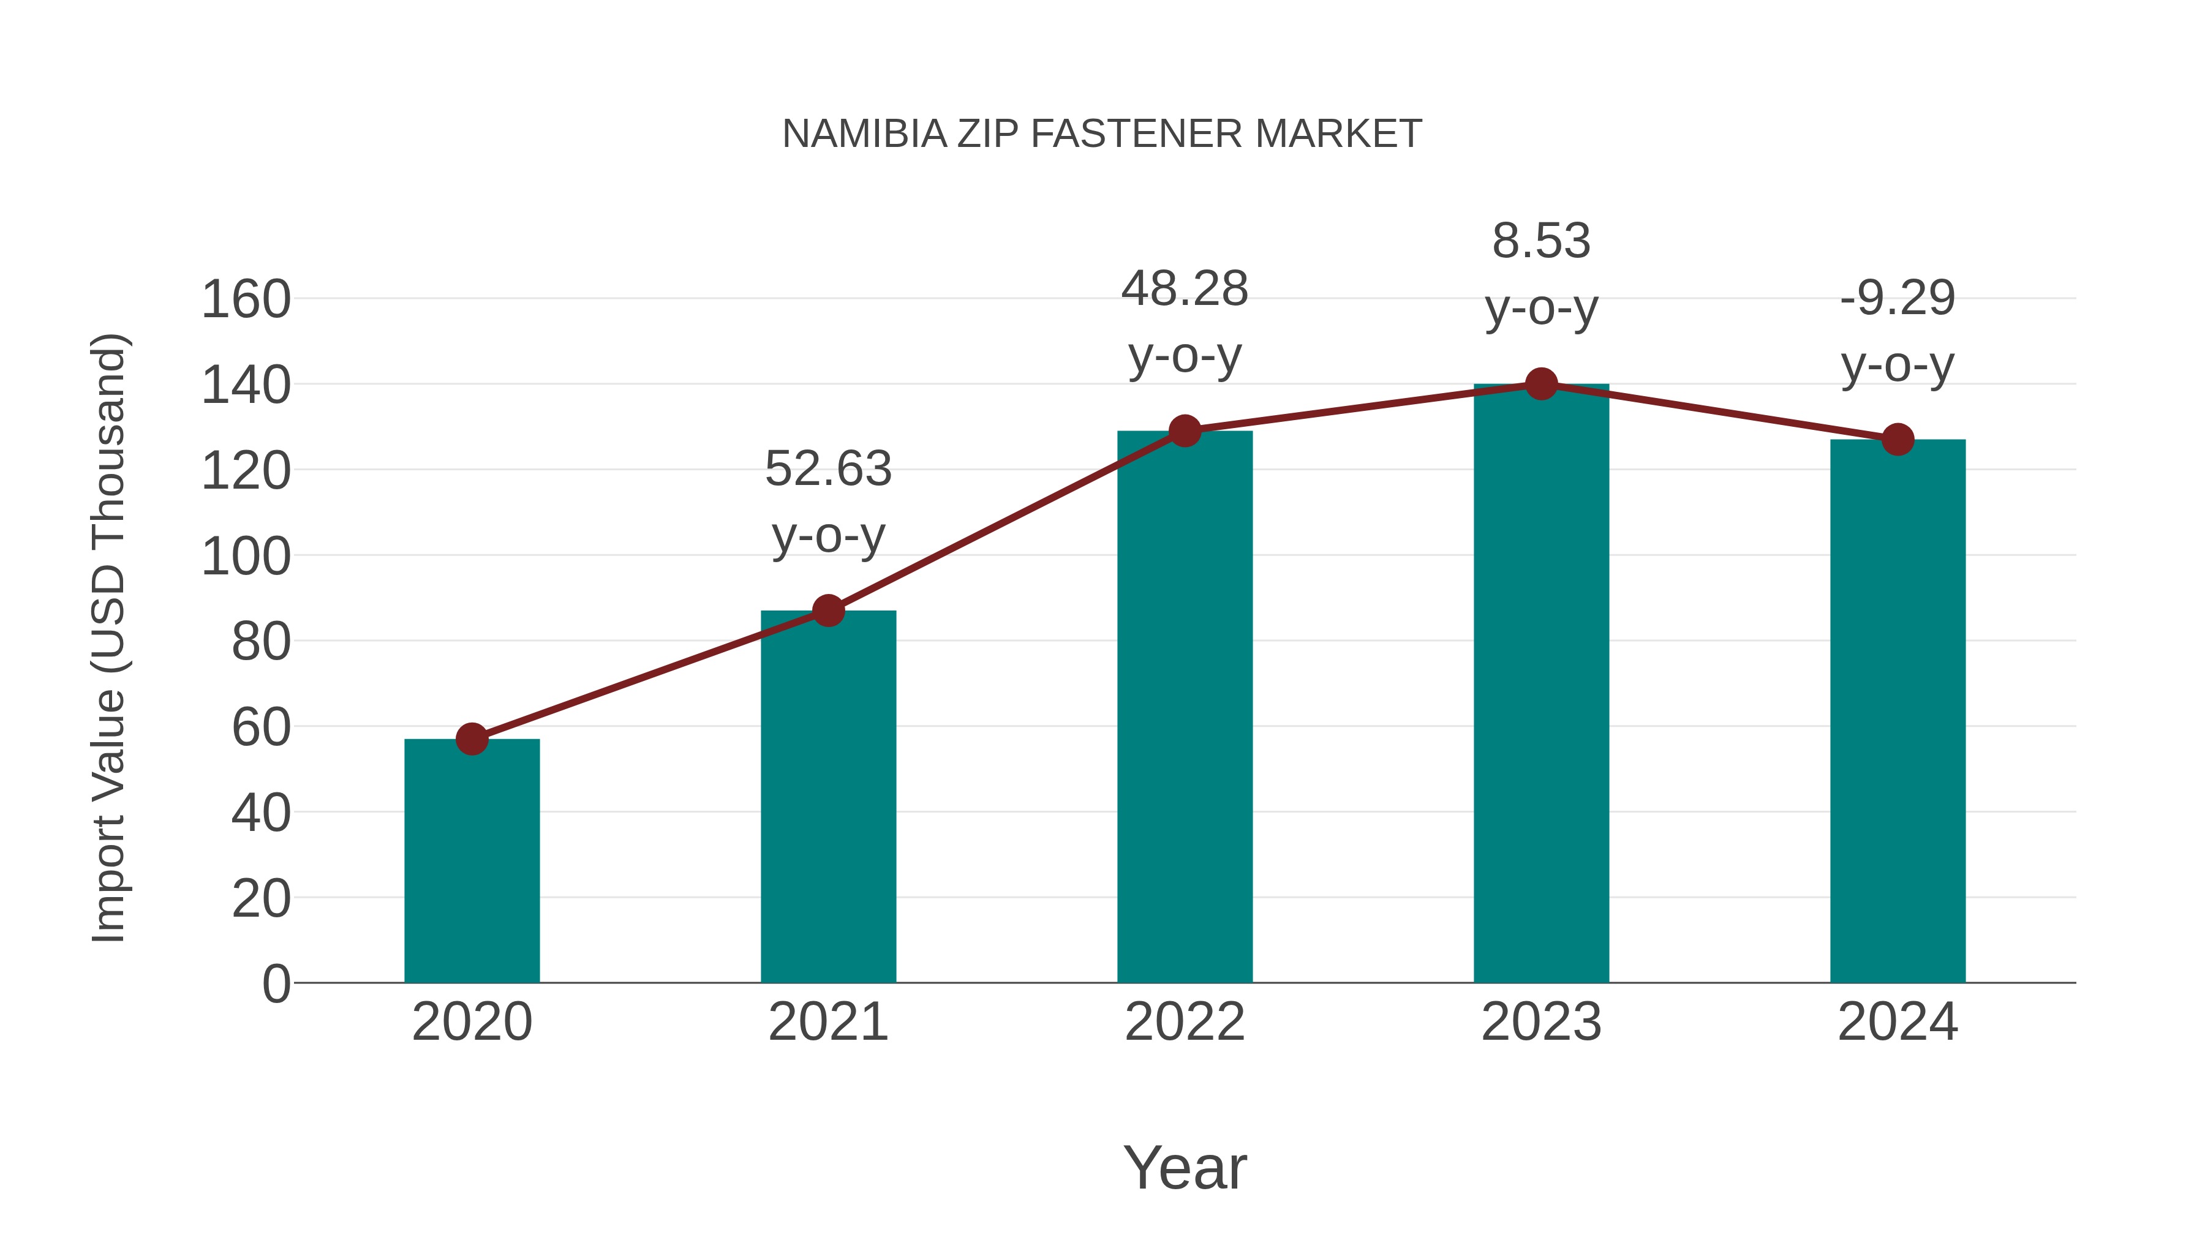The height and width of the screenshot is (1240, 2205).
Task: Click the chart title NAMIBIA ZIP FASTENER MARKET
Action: coord(1102,134)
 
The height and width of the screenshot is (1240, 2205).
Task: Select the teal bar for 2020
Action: coord(472,860)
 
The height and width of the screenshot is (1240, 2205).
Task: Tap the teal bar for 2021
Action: coord(827,796)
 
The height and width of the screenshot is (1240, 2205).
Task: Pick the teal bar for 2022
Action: coord(1185,706)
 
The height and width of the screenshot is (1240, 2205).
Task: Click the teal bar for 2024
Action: coord(1898,710)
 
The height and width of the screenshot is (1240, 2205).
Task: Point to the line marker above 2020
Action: coord(472,738)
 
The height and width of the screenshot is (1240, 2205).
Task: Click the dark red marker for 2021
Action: coord(827,610)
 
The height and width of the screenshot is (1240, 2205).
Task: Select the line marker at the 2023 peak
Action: coord(1541,384)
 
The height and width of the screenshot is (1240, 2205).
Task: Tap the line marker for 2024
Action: coord(1898,440)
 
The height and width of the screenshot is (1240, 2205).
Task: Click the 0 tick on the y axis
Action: coord(276,983)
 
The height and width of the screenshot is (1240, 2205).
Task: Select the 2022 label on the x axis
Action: coord(1185,1022)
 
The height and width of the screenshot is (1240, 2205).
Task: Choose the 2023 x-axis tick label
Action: coord(1541,1022)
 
